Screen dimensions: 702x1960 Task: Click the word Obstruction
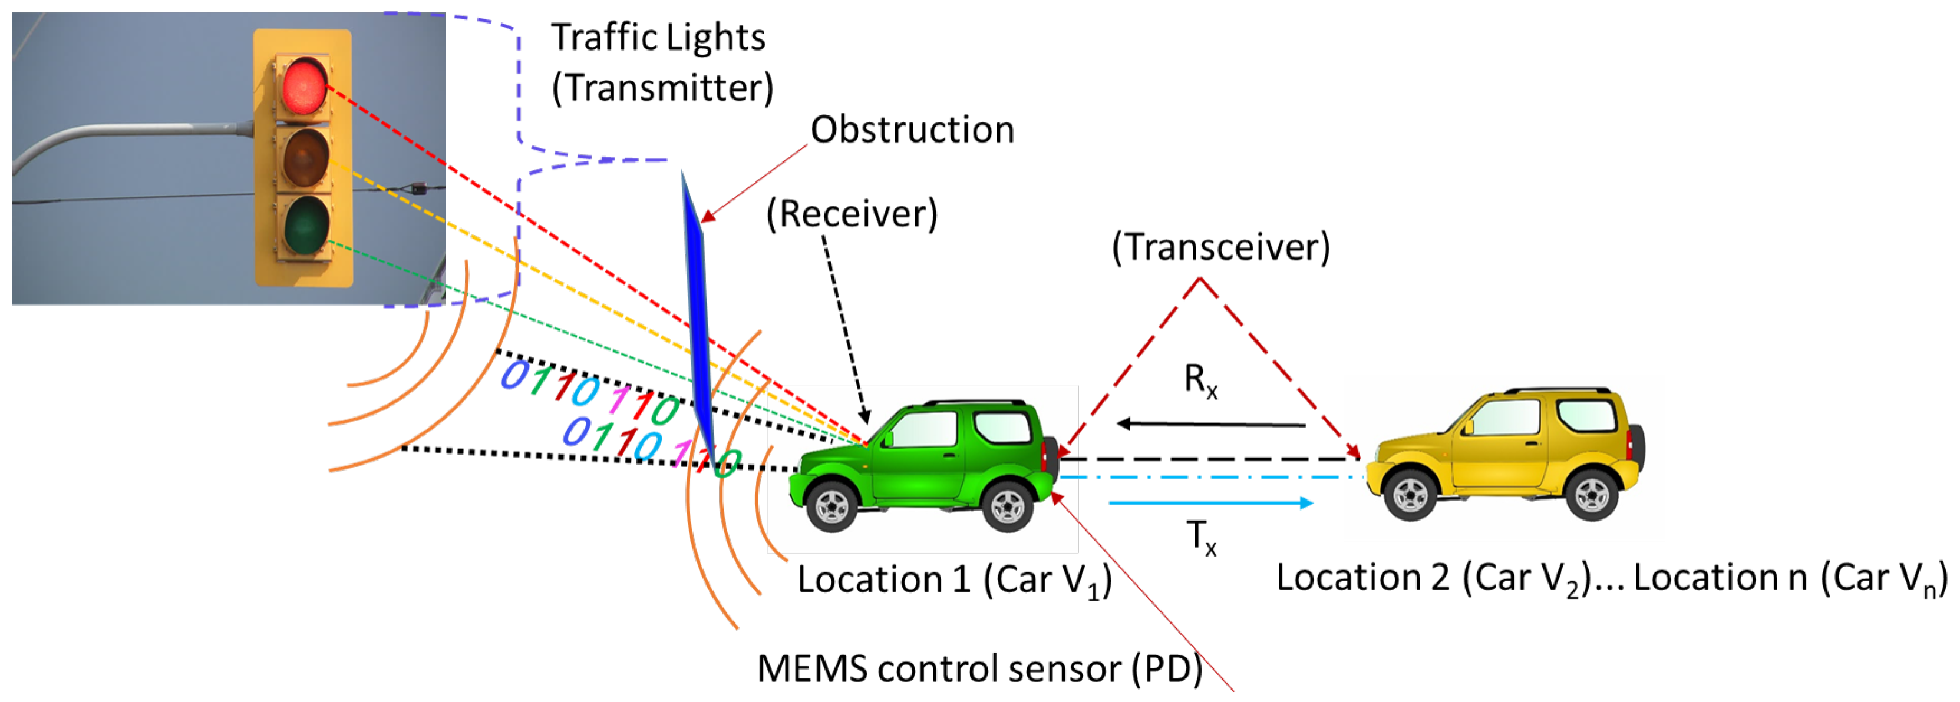coord(912,130)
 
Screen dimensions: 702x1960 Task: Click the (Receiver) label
coord(852,214)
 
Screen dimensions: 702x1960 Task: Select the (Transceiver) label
coord(1220,247)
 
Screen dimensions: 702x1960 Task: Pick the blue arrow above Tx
coord(1210,503)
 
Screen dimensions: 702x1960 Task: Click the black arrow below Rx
coord(1210,423)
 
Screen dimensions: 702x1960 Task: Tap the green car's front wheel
coord(831,506)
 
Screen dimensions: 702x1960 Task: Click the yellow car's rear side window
coord(1586,415)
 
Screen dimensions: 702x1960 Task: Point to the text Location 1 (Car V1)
coord(953,580)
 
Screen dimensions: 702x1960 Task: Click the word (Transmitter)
coord(662,88)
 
